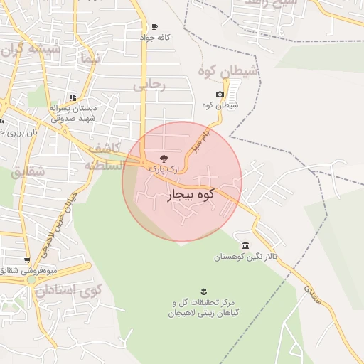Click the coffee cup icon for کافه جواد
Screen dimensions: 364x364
point(155,27)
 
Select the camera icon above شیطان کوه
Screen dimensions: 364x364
point(220,95)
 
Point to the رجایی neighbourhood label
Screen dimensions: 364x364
point(149,86)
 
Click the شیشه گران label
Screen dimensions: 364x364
point(32,50)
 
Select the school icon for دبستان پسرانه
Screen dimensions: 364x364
point(72,97)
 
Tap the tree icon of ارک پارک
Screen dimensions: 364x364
point(164,158)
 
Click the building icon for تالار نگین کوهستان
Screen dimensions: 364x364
point(245,245)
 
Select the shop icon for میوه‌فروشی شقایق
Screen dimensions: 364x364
point(27,260)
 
